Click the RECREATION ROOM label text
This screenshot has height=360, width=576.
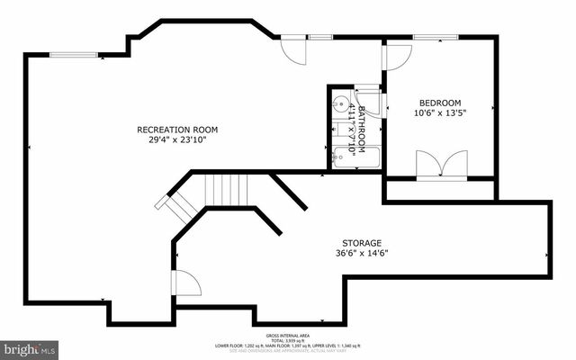(x=177, y=130)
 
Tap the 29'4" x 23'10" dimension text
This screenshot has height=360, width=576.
(x=177, y=139)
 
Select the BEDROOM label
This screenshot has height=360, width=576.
(x=441, y=103)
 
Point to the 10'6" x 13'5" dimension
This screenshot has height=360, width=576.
(x=441, y=112)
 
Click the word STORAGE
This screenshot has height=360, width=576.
(x=361, y=243)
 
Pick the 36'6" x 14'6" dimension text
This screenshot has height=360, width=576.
(x=361, y=253)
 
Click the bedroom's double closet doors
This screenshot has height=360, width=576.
(x=441, y=166)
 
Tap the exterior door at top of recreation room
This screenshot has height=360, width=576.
(x=292, y=50)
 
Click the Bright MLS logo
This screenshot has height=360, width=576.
(x=30, y=346)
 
